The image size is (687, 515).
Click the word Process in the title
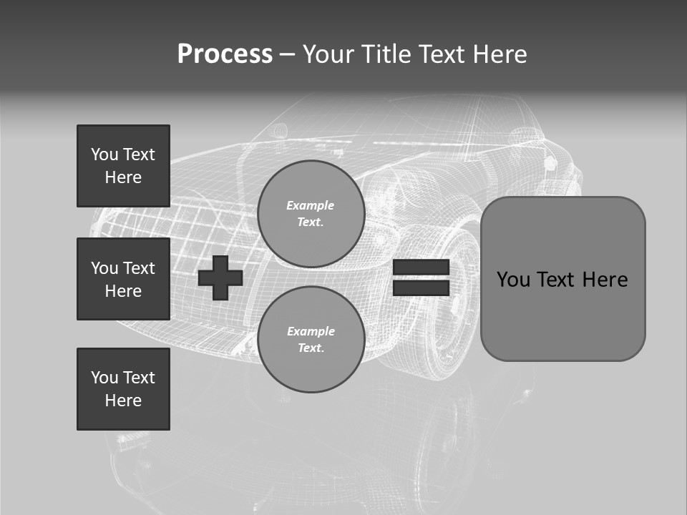pos(225,54)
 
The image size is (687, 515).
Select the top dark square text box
pos(123,166)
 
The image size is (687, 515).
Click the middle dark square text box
pos(123,279)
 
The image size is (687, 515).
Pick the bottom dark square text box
pos(123,388)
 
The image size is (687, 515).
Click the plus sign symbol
pos(220,278)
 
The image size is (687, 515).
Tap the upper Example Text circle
pos(311,214)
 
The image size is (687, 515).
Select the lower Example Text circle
pos(311,339)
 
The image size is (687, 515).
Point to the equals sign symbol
pos(421,278)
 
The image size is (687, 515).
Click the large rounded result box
pos(562,279)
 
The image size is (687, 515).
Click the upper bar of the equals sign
pos(421,268)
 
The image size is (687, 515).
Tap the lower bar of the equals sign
pos(421,288)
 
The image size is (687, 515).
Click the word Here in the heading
pos(500,54)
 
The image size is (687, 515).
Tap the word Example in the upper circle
pos(311,205)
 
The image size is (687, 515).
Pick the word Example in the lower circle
pos(311,331)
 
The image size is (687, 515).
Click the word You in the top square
pos(104,154)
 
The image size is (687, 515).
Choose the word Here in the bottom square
pos(123,401)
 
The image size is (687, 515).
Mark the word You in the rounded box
pos(513,280)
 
